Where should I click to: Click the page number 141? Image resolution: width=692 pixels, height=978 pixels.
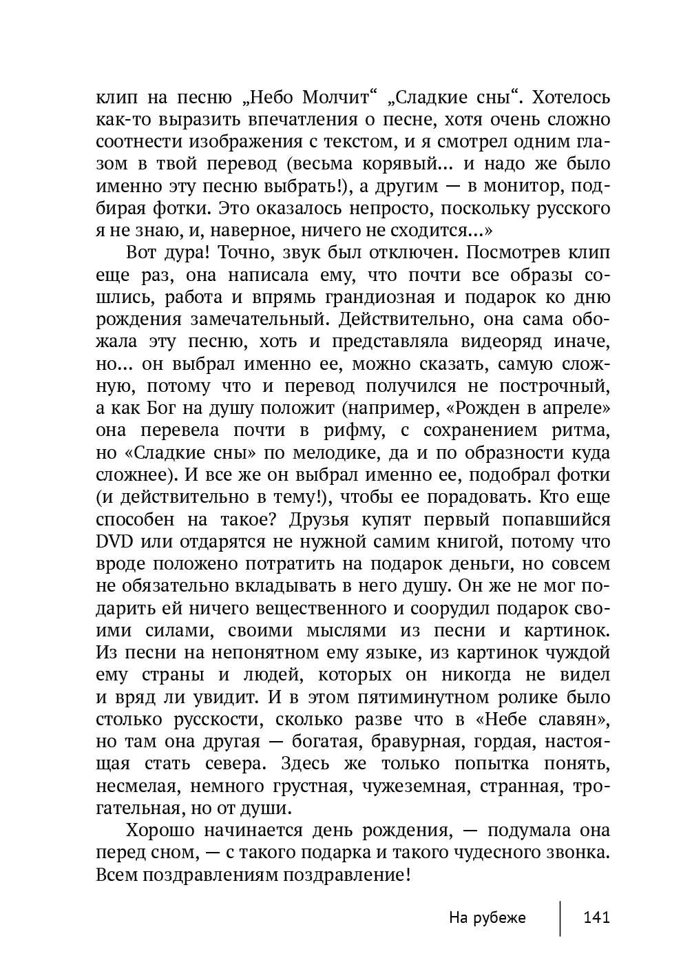click(596, 917)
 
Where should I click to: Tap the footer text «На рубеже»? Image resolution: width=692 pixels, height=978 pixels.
click(487, 917)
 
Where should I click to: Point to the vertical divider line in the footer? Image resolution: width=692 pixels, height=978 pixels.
click(560, 917)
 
